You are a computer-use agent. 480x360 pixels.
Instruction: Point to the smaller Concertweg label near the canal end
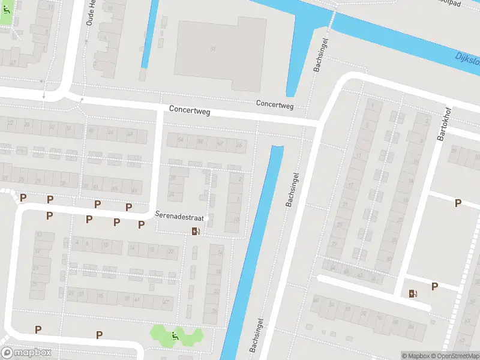coord(275,104)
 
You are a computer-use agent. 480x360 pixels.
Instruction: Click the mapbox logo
coord(26,353)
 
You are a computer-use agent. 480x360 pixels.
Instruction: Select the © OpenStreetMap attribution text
coord(454,356)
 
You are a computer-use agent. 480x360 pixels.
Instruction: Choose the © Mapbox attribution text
coord(415,356)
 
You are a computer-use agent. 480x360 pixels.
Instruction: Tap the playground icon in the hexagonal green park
coord(175,336)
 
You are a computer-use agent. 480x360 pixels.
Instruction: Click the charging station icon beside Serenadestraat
coord(196,232)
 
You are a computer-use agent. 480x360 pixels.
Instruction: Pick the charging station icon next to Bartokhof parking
coord(413,293)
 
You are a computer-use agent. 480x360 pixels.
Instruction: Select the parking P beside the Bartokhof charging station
coord(435,286)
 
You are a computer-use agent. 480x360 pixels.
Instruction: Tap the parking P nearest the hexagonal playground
coord(100,334)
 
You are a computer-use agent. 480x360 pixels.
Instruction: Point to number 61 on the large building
coord(213,48)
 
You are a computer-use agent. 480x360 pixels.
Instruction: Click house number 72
coord(363,313)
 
